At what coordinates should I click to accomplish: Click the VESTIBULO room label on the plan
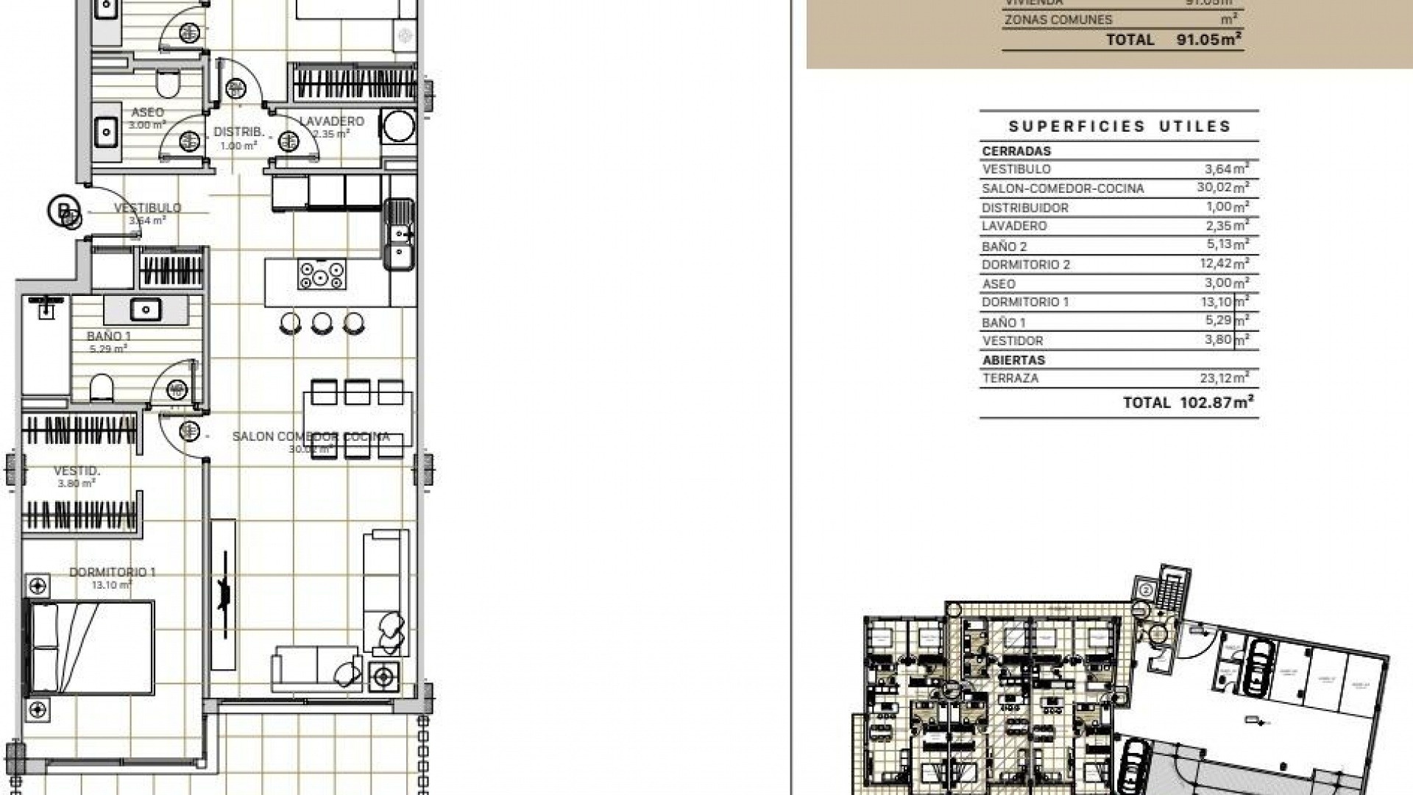click(147, 208)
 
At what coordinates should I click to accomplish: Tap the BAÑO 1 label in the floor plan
click(109, 336)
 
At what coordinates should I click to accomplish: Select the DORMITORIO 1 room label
click(112, 572)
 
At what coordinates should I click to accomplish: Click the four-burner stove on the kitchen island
click(322, 275)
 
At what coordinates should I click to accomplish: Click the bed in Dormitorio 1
click(91, 648)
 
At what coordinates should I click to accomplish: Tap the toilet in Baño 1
click(102, 388)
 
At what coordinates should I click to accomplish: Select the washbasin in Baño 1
click(145, 309)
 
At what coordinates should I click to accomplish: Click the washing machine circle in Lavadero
click(398, 125)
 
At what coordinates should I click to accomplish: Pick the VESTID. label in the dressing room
click(77, 470)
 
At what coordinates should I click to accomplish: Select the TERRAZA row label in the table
click(1010, 378)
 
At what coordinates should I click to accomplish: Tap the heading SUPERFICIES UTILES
click(1119, 127)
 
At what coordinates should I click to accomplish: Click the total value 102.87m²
click(1216, 403)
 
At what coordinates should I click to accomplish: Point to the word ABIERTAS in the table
click(1013, 360)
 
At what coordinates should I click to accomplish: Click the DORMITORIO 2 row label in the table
click(1026, 265)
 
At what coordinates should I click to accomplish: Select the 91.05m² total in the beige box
click(1209, 40)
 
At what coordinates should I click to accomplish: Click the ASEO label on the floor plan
click(147, 113)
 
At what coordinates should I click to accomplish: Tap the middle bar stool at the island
click(322, 322)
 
